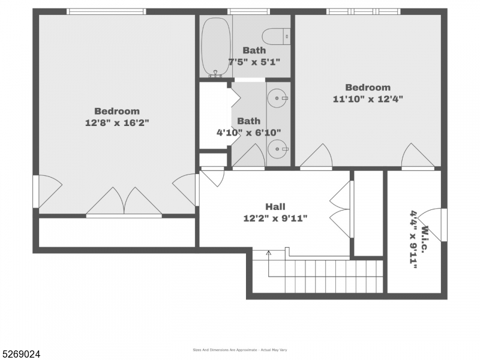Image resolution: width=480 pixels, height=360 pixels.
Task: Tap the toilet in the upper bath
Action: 280,35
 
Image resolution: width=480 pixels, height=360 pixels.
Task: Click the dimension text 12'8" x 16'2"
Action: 117,122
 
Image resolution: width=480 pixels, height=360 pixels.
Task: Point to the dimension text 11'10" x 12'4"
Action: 368,99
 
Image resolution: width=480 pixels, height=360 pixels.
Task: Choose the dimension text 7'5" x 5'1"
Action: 254,62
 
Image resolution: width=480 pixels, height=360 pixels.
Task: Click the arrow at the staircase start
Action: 268,253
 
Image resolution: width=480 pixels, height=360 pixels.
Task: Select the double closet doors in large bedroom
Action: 124,202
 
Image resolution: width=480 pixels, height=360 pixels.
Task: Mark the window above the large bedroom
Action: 106,11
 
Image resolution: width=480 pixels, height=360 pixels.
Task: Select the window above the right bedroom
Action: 363,11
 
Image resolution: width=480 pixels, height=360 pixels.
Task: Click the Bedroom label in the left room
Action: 117,111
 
